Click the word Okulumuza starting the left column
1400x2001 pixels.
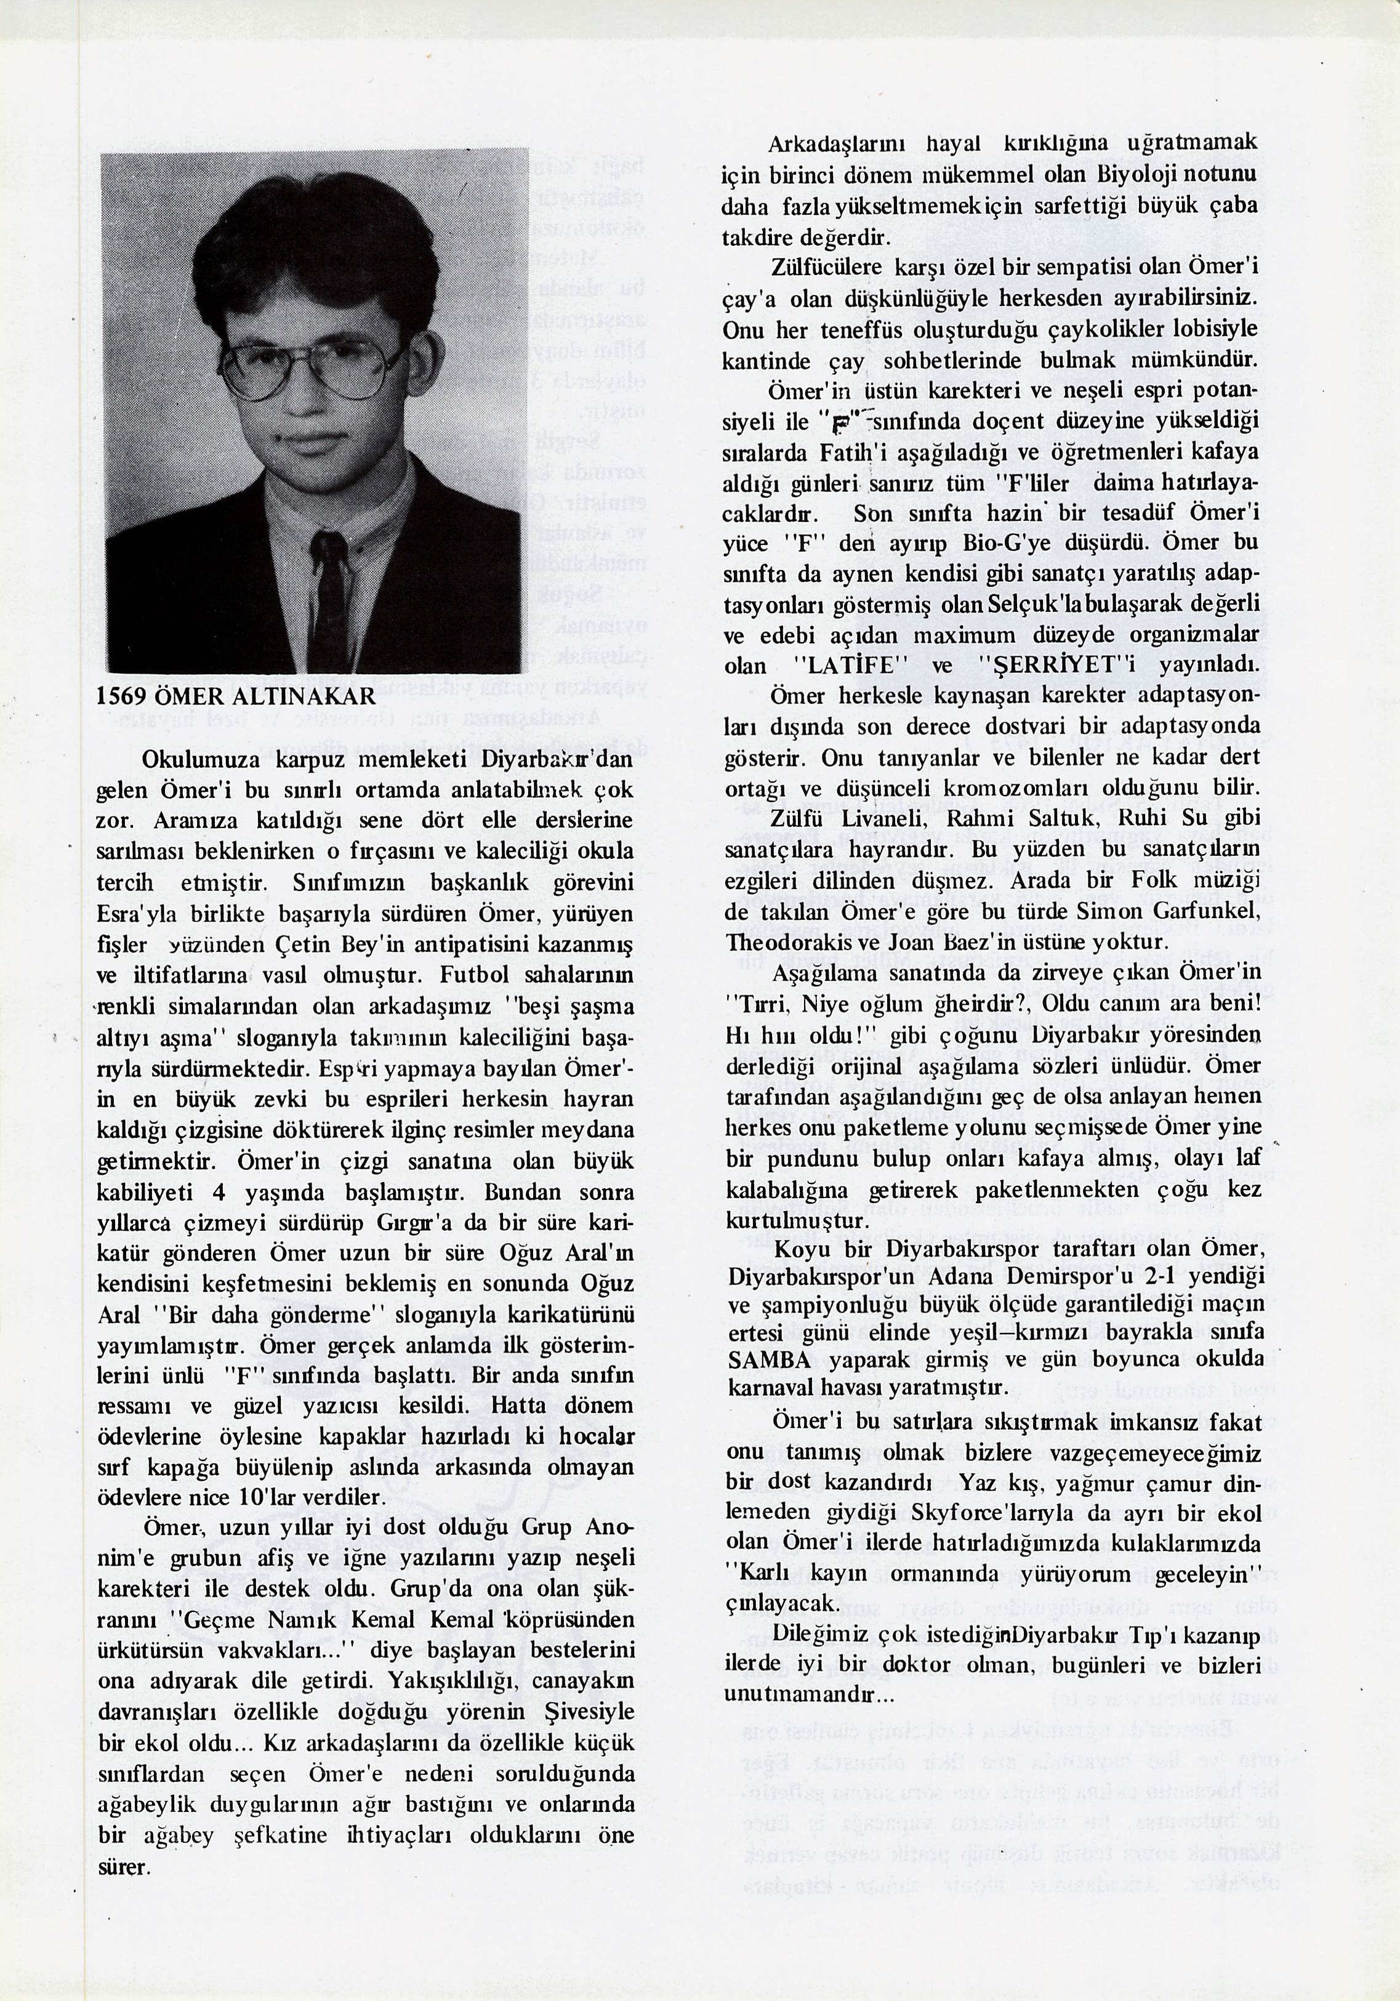tap(193, 757)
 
